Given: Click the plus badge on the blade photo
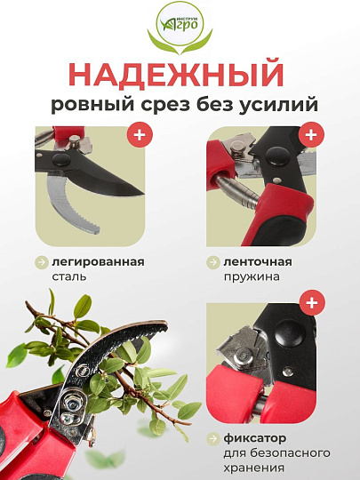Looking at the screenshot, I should pyautogui.click(x=138, y=136).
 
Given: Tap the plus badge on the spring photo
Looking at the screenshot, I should pyautogui.click(x=308, y=136).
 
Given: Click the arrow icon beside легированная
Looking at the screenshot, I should pyautogui.click(x=42, y=261).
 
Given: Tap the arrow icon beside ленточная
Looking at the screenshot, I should pyautogui.click(x=214, y=261).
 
